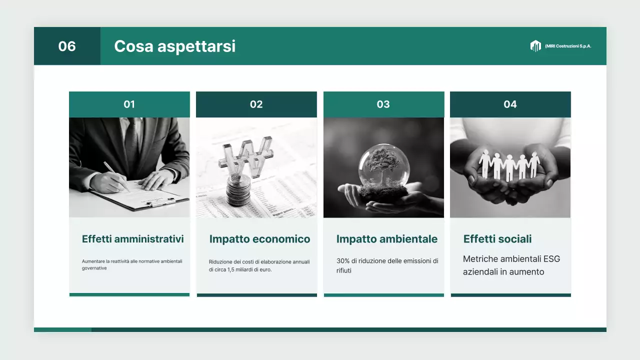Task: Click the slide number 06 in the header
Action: tap(67, 46)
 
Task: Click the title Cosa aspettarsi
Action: tap(174, 46)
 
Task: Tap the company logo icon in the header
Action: tap(535, 46)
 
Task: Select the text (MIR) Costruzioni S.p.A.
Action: tap(568, 46)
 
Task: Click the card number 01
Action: tap(129, 104)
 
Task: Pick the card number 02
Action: tap(256, 104)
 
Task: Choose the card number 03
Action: tap(383, 104)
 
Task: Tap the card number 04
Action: tap(510, 104)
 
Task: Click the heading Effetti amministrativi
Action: tap(133, 239)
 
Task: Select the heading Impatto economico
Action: tap(259, 239)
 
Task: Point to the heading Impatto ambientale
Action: tap(387, 239)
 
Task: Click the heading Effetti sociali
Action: tap(497, 239)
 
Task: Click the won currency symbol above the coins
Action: tap(245, 157)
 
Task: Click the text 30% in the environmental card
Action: tap(342, 261)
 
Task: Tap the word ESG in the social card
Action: tap(550, 259)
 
